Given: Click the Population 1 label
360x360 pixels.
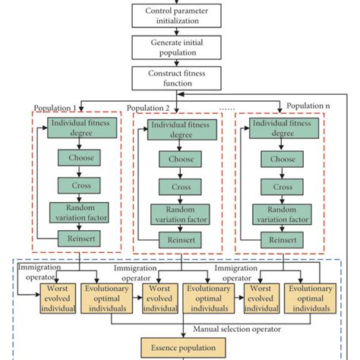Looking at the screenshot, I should [55, 107].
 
